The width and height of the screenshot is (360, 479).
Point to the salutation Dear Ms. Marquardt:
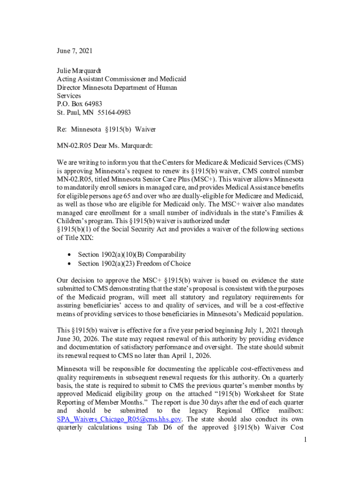(123, 145)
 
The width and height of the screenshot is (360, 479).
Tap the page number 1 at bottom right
(304, 440)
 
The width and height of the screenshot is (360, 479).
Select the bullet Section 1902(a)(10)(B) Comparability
(132, 254)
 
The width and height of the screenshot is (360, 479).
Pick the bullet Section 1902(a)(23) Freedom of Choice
(134, 263)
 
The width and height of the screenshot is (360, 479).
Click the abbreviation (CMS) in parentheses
(293, 162)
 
